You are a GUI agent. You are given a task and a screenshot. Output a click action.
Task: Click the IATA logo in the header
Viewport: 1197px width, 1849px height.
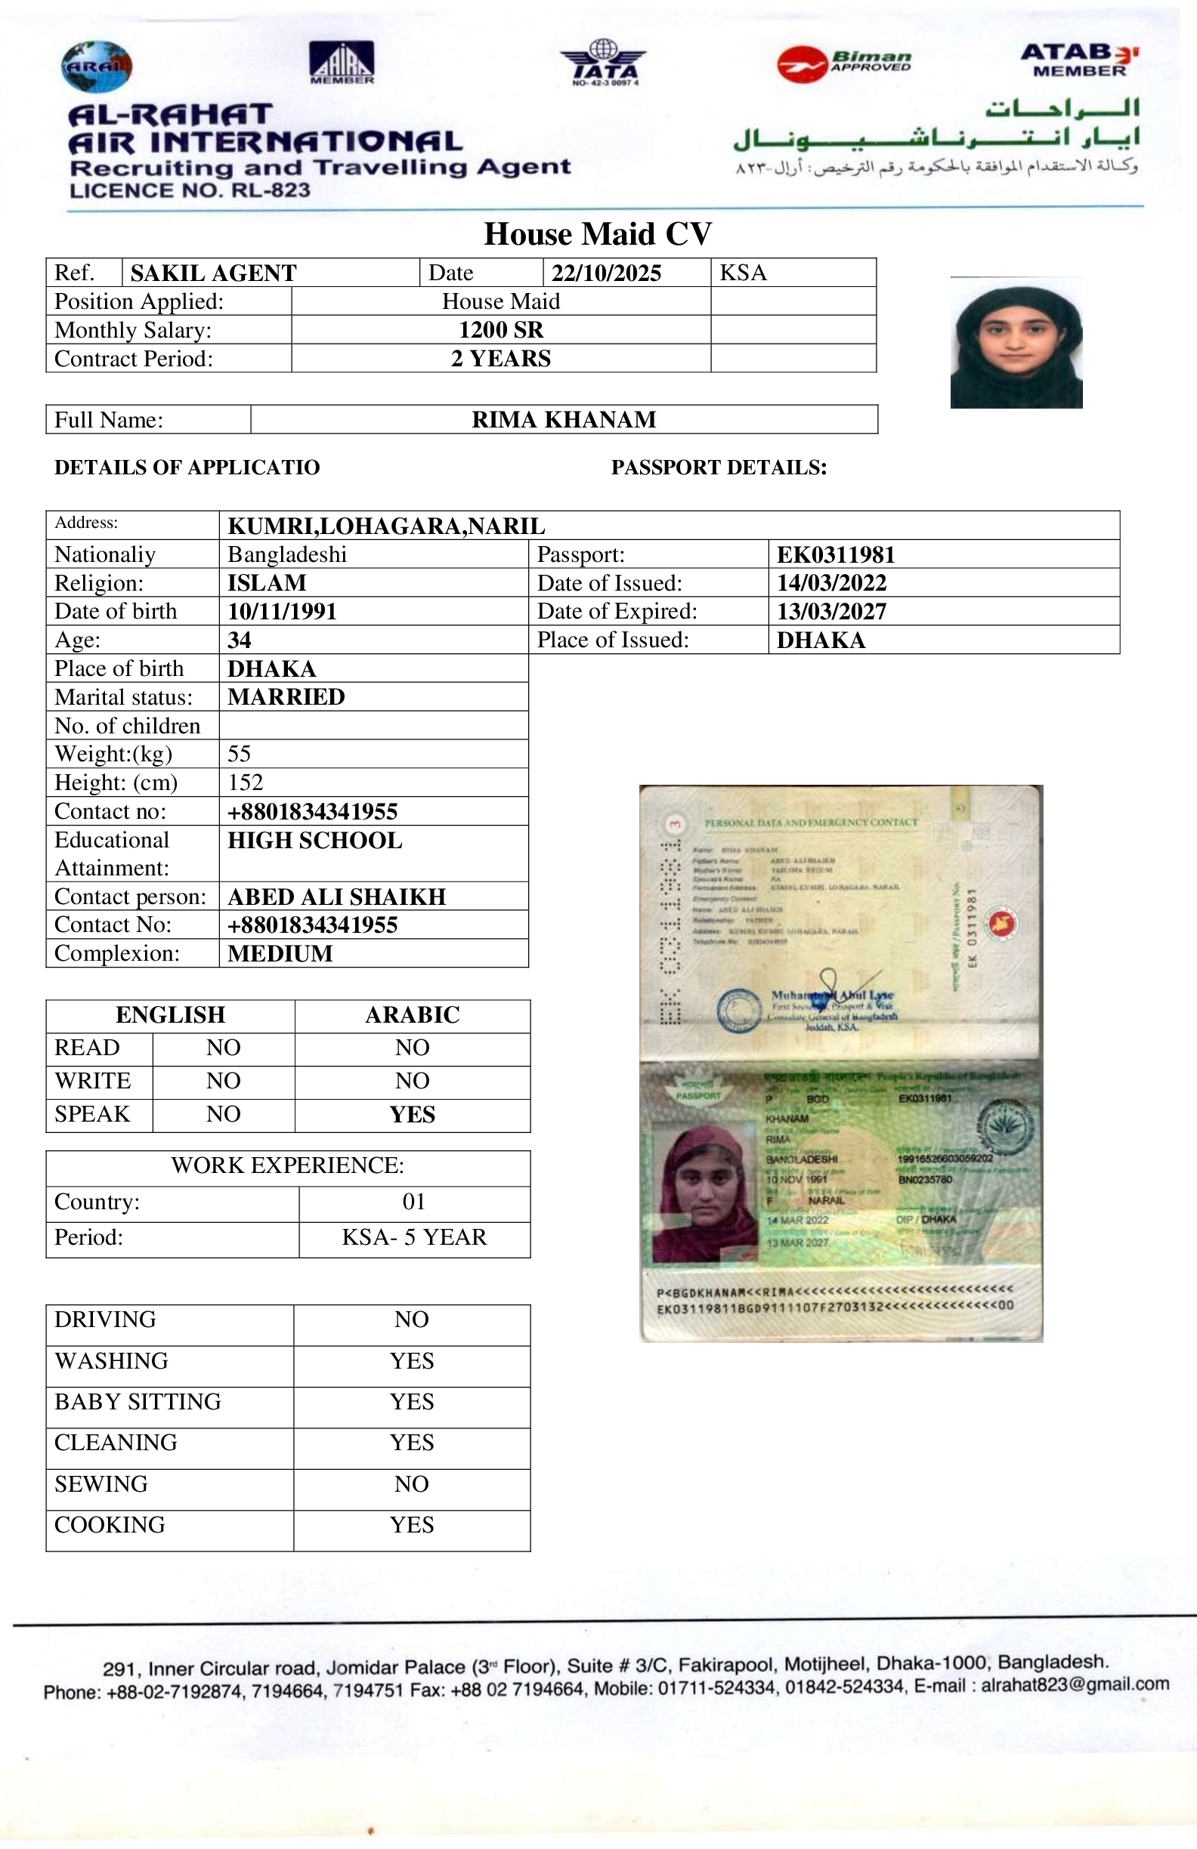point(603,63)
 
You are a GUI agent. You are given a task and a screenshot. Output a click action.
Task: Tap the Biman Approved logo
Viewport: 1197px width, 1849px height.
point(844,63)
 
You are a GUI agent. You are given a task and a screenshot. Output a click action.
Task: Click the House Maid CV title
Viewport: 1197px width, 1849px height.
point(598,234)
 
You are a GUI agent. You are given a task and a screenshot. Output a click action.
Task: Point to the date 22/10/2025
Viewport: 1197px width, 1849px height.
point(606,273)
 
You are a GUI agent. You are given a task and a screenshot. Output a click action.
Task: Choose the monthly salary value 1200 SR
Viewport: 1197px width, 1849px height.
point(500,330)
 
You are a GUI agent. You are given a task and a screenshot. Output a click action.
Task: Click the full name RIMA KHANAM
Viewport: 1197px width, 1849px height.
point(564,419)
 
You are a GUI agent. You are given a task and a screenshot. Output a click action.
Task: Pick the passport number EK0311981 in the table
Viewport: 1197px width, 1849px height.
point(836,554)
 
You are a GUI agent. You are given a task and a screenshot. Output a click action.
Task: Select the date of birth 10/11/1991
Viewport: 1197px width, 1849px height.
point(282,611)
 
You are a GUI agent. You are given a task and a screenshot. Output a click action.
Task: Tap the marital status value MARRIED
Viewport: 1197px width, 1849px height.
point(286,697)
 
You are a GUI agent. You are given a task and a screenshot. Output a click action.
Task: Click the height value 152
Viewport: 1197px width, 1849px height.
point(246,783)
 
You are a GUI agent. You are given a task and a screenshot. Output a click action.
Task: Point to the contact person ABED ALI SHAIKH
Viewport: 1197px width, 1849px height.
point(336,897)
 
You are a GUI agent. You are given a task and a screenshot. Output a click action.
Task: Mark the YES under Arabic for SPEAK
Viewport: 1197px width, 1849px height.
point(412,1115)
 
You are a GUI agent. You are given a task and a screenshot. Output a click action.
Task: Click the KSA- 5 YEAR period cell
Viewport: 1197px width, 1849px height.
point(413,1236)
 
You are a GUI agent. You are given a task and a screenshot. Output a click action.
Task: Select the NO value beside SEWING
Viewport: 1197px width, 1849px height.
point(411,1484)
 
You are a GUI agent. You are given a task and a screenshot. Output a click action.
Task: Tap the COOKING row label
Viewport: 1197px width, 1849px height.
point(110,1525)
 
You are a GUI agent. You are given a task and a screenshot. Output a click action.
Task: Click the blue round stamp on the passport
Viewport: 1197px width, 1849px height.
point(738,1011)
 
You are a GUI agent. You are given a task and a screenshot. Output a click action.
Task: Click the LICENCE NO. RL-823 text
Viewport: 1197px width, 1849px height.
point(190,190)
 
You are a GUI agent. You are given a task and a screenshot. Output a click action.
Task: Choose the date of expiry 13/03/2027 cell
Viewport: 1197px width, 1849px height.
point(832,611)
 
